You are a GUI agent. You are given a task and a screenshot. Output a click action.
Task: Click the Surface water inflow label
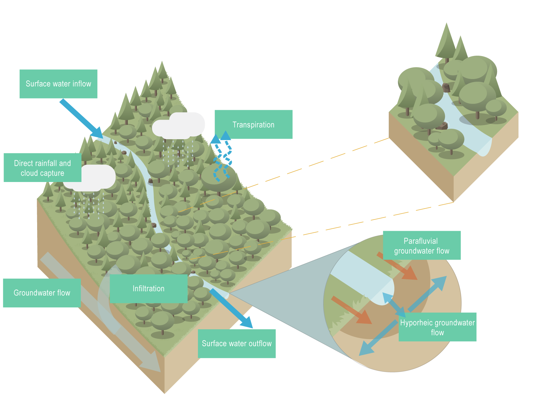(58, 84)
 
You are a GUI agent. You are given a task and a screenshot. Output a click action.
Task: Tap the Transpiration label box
(253, 124)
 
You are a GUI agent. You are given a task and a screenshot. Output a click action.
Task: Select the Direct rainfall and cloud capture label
(42, 168)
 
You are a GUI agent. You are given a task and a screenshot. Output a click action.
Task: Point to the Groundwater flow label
(42, 293)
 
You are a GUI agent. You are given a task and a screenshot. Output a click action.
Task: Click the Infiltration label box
(149, 289)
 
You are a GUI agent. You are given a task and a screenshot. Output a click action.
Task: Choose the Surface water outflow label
(237, 343)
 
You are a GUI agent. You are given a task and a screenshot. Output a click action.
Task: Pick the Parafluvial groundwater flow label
(422, 245)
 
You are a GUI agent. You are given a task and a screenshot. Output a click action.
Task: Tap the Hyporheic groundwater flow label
(437, 327)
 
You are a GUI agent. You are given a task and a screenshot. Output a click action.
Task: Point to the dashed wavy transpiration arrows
(222, 159)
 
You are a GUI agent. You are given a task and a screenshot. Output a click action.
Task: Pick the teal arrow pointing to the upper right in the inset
(428, 293)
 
